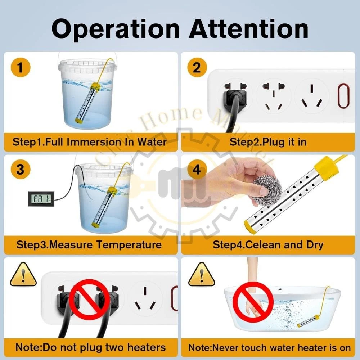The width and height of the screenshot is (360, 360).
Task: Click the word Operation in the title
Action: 115,30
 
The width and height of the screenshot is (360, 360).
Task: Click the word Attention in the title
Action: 249,29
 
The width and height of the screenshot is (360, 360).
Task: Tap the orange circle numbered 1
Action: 21,68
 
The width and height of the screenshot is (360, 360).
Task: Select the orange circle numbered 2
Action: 197,68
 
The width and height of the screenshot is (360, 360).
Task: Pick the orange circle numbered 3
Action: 21,170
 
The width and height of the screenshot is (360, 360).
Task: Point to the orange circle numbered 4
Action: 197,170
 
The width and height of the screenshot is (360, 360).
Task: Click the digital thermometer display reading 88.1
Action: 41,198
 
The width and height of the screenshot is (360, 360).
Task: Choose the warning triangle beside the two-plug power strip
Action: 23,274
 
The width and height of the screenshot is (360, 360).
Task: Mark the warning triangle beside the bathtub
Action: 202,274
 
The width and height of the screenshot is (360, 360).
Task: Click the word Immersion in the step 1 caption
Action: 94,142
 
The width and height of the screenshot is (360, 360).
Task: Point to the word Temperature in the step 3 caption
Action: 129,245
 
